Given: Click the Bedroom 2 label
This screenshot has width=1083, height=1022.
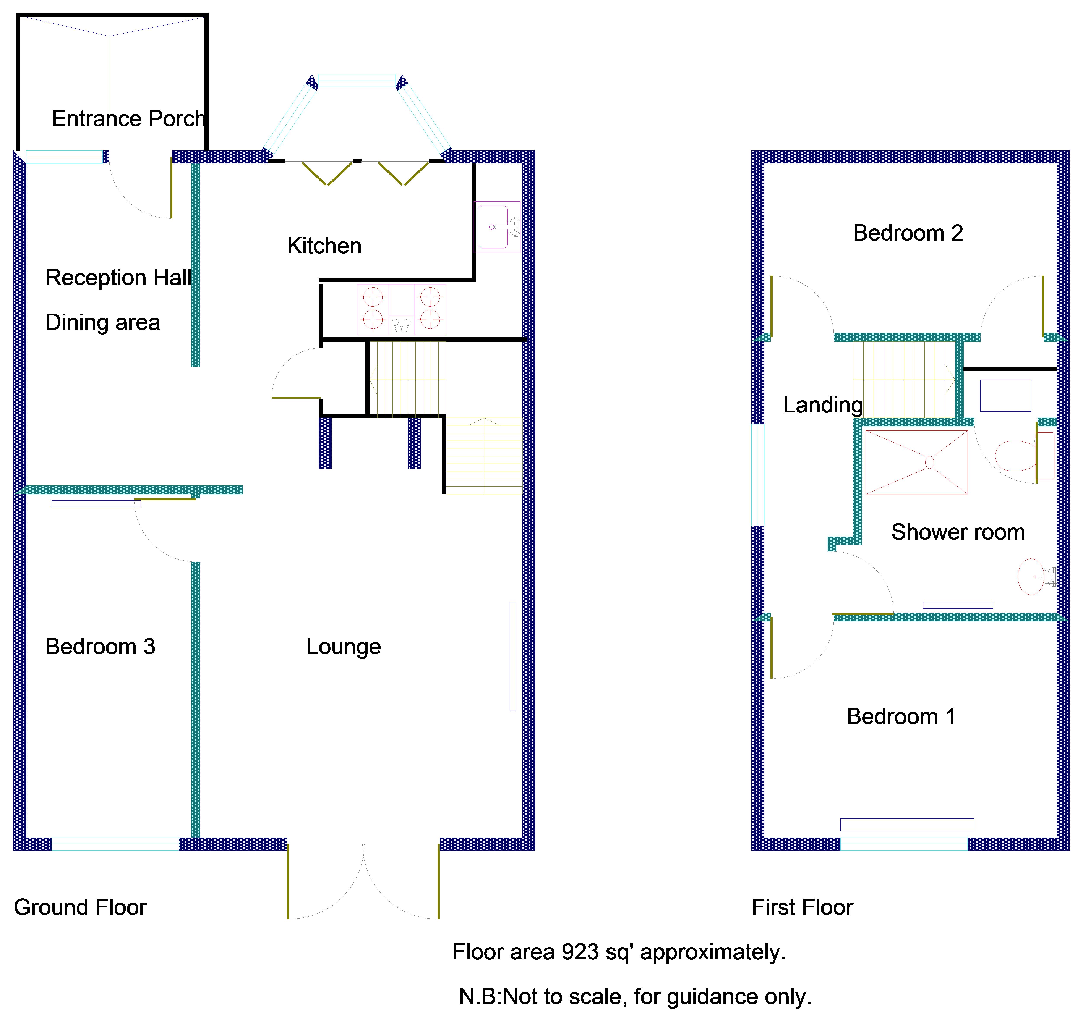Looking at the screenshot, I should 908,233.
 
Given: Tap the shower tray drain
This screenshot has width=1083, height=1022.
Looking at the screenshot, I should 929,462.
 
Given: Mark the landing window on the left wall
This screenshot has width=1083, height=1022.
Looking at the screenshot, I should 758,475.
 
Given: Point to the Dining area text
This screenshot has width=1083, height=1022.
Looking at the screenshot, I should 102,322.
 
